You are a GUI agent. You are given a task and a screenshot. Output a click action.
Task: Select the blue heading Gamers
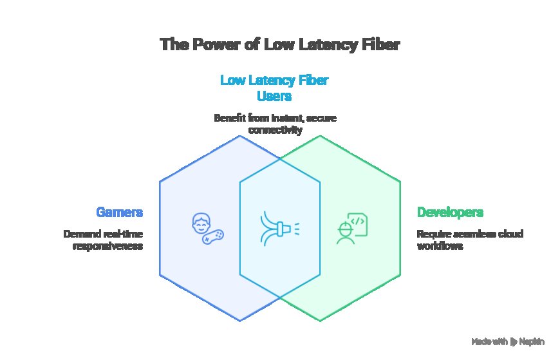pos(119,212)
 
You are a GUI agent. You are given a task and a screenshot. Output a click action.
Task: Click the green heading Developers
pos(450,212)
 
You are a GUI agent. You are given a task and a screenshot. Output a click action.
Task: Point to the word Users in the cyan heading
pos(275,97)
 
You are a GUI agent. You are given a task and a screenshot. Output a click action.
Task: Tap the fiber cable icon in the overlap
pos(279,228)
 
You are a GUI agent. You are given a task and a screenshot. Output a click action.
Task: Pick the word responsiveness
pos(107,245)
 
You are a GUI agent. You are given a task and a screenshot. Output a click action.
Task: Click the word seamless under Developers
pos(469,233)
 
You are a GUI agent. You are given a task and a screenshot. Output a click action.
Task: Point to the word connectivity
pos(275,130)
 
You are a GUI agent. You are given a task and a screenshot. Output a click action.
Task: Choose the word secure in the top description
pos(320,118)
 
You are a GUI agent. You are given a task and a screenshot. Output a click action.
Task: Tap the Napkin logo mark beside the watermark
pos(514,341)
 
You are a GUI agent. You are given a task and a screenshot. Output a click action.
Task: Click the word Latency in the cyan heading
pos(275,81)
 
